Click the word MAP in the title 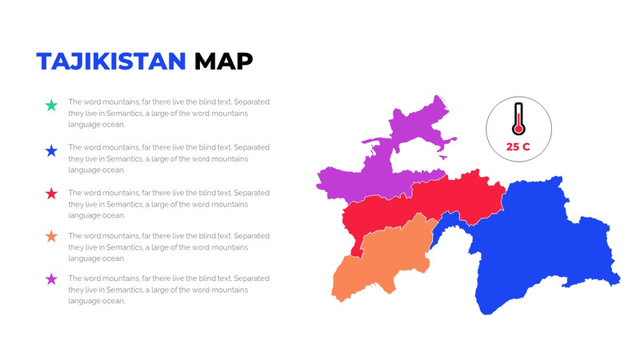(x=224, y=61)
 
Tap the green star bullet (x=51, y=105)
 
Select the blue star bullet (x=51, y=150)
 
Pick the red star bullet (x=51, y=194)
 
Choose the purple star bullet (x=51, y=279)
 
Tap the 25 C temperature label (x=518, y=146)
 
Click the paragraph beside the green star (x=169, y=113)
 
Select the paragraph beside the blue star (x=169, y=158)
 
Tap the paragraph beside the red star (x=169, y=204)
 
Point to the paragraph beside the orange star (x=169, y=247)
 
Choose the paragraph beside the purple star (x=169, y=290)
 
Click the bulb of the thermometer (x=518, y=129)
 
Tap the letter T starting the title (x=45, y=61)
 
